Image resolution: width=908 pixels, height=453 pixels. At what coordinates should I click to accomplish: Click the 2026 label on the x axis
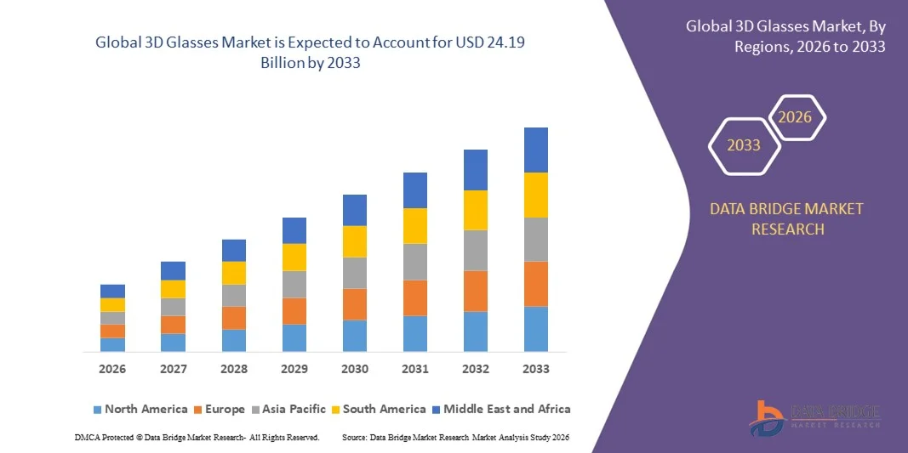coord(112,369)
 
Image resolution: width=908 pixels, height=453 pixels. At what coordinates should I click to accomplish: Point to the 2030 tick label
coord(355,369)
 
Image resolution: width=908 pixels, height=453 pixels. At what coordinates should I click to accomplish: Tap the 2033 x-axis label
coord(536,369)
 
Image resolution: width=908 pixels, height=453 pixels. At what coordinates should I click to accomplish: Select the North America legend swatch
coord(97,410)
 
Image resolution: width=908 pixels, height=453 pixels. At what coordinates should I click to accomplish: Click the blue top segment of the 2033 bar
coord(536,150)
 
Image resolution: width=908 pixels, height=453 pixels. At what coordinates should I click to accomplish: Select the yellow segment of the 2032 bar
coord(476,210)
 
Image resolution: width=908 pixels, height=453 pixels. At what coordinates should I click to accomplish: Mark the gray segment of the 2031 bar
coord(415,262)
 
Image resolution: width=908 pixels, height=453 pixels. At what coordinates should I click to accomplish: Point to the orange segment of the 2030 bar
coord(355,304)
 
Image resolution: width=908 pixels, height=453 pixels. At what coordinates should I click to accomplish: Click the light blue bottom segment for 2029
coord(294,337)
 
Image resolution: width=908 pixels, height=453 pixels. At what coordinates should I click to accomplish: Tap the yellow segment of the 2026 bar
coord(112,304)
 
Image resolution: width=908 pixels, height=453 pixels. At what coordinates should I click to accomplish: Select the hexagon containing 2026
coord(796,117)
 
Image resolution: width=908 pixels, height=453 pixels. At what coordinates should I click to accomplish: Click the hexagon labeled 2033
coord(744,145)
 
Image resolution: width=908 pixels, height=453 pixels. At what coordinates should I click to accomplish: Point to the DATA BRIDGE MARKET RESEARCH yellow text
coord(785,218)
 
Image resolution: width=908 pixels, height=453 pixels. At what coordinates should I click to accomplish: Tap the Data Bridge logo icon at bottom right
coord(767,417)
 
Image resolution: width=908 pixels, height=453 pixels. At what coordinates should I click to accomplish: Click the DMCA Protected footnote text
coord(197,437)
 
